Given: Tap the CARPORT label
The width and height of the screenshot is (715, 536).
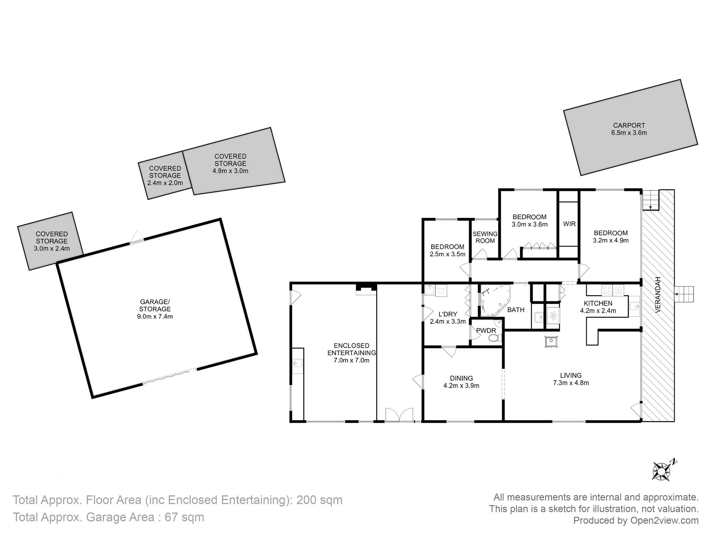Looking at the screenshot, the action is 629,125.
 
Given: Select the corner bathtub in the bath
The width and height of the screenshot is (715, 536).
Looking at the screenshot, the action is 495,300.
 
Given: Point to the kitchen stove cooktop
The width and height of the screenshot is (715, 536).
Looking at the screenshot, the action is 607,290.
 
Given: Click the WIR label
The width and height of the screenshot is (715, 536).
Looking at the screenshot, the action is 569,224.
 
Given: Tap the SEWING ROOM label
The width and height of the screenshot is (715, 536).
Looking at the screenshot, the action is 485,237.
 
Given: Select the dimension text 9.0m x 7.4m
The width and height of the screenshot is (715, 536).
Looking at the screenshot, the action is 155,317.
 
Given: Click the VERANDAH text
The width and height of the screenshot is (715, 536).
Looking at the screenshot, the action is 659,295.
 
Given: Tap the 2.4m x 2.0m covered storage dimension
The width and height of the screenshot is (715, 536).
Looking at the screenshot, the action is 165,183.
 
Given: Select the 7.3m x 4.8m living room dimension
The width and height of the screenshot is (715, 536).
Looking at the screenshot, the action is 571,383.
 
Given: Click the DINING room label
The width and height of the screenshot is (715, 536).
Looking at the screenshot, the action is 461,378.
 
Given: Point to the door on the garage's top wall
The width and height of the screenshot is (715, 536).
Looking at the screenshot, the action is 137,238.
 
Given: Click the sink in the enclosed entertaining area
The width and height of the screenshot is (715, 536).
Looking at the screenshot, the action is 297,364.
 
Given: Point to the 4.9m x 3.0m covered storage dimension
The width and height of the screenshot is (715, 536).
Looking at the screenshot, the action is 230,171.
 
